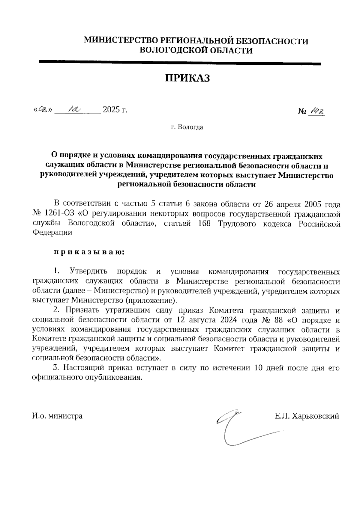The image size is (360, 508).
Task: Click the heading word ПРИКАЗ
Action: (187, 78)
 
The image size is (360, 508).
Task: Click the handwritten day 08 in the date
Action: (43, 110)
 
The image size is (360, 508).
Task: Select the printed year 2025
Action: (111, 110)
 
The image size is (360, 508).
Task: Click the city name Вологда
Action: (190, 127)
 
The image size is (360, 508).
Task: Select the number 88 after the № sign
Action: (278, 320)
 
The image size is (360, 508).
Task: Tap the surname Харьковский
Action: (315, 416)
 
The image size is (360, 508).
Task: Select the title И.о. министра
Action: (57, 416)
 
